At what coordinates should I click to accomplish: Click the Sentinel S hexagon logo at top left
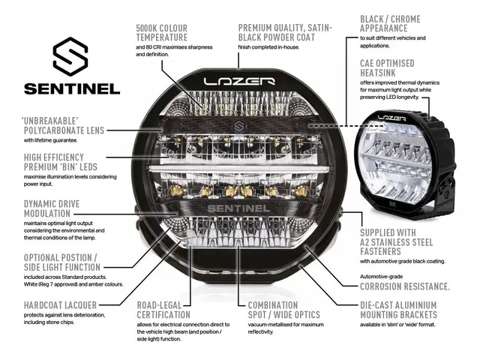point(71,58)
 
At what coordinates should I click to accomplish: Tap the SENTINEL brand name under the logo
point(72,88)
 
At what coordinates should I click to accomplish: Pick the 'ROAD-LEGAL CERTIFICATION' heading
point(163,310)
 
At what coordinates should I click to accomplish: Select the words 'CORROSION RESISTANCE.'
point(405,286)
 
